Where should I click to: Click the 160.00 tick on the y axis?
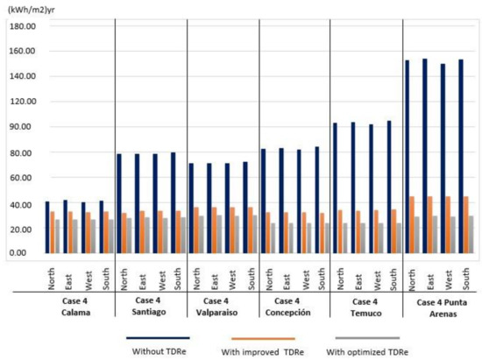coord(19,50)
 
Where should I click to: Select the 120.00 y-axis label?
coord(19,102)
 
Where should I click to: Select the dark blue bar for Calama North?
coord(47,227)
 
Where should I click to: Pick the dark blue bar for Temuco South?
coord(388,187)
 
